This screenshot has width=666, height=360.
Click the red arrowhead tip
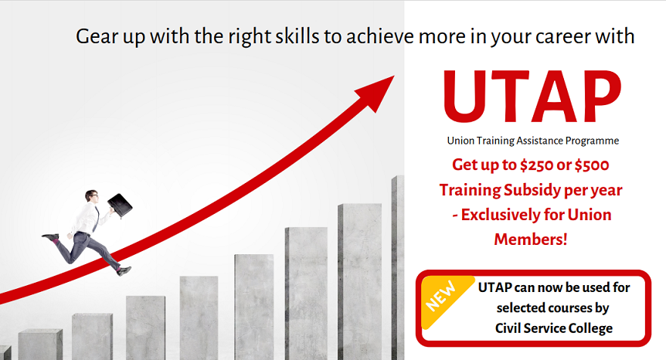(394, 76)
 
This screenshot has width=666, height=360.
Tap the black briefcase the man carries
(120, 205)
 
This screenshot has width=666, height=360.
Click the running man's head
(92, 195)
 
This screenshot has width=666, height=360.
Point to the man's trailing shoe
(50, 236)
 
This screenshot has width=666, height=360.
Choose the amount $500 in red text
(592, 165)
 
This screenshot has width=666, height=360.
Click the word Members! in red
(531, 239)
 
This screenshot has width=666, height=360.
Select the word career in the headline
(562, 37)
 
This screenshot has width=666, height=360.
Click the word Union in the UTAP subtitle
(460, 141)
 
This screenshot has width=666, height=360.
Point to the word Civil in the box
(507, 328)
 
